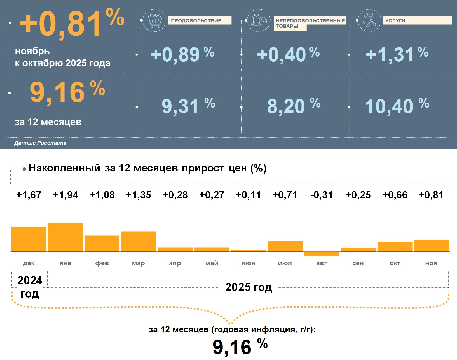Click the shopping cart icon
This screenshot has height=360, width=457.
tap(154, 20)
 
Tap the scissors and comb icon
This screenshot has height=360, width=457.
tap(369, 20)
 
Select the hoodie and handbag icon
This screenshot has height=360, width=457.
tap(259, 20)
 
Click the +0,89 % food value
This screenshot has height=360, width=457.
tap(182, 54)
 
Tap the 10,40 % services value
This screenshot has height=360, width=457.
tap(397, 106)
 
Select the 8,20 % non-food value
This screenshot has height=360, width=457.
tap(294, 106)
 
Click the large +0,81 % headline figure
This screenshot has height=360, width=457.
tap(71, 24)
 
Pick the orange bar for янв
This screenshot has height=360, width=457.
tap(65, 237)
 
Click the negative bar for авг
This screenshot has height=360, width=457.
tap(322, 254)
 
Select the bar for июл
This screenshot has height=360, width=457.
tap(285, 246)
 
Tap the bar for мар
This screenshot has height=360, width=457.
tap(139, 241)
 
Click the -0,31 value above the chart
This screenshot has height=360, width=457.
tap(322, 195)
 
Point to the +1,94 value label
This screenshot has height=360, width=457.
tap(65, 195)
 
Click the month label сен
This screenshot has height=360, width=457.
tap(358, 263)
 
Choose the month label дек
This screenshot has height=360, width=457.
tap(29, 263)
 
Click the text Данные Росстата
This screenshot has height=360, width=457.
tap(40, 143)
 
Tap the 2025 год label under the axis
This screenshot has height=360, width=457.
tap(249, 287)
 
